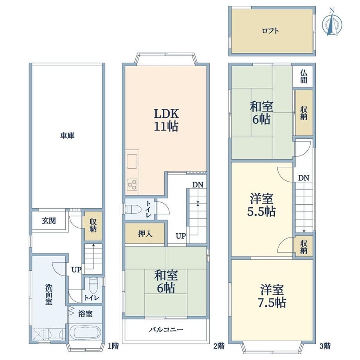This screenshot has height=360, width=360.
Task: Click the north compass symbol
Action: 331,23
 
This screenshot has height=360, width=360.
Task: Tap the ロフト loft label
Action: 270,31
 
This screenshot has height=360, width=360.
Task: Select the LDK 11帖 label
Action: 166,120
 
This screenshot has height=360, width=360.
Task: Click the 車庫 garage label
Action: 67,135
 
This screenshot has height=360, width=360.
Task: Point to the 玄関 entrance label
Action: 49,221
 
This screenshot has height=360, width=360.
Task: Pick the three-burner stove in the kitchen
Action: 132,184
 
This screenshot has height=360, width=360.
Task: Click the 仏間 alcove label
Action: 304,76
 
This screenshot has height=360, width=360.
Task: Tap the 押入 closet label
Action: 145,234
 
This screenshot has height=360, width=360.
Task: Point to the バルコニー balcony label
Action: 166,330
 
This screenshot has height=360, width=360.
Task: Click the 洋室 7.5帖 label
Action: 272,296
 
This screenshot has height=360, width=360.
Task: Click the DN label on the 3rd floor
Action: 304,178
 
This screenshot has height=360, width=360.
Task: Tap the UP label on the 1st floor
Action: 76,270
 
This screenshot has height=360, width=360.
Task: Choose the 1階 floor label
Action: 113,346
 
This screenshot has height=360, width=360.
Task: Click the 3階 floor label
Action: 325,346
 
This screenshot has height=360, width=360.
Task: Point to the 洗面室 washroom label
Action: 49,294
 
